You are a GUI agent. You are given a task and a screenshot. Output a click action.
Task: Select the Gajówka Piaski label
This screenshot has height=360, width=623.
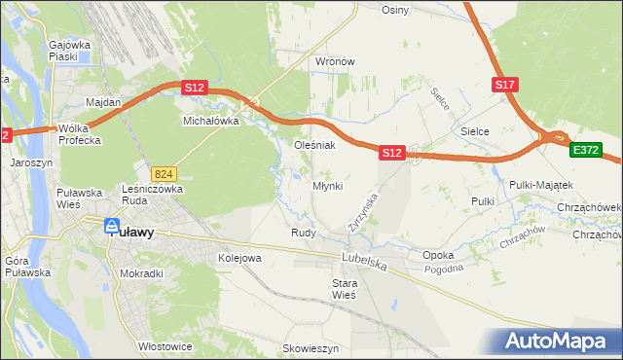[69, 51]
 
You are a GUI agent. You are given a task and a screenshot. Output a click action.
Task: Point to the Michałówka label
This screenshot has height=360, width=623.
[211, 122]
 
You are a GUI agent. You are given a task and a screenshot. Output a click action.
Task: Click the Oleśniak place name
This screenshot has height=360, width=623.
[315, 145]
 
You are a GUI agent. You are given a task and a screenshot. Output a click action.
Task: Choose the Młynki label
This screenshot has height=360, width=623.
[327, 186]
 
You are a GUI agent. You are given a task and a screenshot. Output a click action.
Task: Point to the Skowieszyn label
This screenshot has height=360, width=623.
[310, 347]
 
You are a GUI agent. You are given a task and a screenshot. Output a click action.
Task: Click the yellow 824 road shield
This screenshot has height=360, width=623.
[164, 172]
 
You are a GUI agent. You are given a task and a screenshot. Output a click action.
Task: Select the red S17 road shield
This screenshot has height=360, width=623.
[504, 86]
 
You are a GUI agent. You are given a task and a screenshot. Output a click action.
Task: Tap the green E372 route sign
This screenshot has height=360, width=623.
[586, 150]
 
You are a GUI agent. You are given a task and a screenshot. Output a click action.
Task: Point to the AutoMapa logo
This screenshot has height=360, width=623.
[559, 342]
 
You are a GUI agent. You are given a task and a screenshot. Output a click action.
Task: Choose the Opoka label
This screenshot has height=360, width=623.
[438, 255]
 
